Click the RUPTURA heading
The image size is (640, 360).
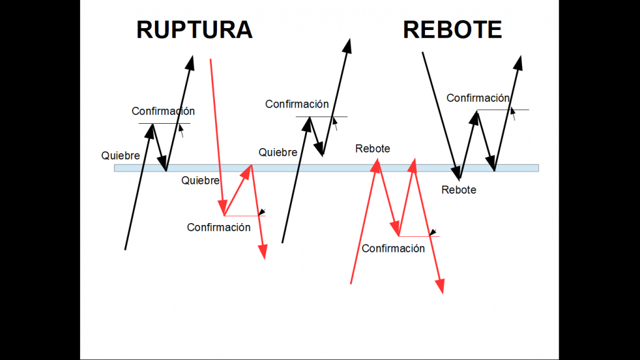194,30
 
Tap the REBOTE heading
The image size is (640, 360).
452,30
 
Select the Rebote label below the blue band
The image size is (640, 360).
459,190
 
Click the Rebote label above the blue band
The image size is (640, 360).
372,149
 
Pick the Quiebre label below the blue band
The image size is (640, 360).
201,181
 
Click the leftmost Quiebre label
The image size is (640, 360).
121,156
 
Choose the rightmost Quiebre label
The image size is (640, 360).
278,152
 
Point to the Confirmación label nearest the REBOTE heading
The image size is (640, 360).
478,98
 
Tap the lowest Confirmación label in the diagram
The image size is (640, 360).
393,249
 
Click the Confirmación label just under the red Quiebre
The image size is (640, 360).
219,227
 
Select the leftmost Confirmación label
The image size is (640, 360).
163,111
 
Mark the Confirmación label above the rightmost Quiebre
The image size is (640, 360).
297,104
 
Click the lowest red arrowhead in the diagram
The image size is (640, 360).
441,287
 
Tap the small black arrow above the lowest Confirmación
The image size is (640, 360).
432,232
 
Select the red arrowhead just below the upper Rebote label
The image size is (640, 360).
376,163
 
